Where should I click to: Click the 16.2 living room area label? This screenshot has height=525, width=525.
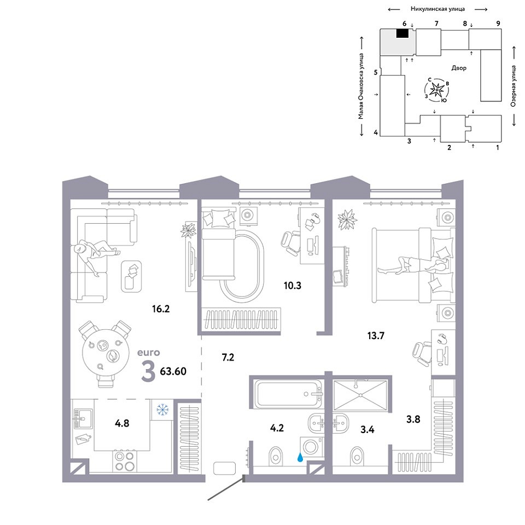pyautogui.click(x=161, y=308)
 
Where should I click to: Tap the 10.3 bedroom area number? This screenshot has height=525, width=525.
pyautogui.click(x=292, y=285)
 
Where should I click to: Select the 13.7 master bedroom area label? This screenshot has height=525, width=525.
pyautogui.click(x=376, y=335)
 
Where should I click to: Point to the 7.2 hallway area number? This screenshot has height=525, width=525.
pyautogui.click(x=228, y=358)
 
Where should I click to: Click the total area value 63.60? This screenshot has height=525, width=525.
pyautogui.click(x=173, y=371)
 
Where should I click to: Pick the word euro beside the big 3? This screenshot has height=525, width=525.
pyautogui.click(x=149, y=353)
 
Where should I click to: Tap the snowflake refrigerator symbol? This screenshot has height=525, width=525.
pyautogui.click(x=163, y=409)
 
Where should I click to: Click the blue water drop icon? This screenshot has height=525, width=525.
pyautogui.click(x=300, y=457)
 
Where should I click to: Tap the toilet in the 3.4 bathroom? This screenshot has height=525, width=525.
pyautogui.click(x=357, y=456)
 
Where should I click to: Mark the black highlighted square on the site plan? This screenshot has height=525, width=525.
pyautogui.click(x=402, y=33)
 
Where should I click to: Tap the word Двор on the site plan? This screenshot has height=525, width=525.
pyautogui.click(x=459, y=68)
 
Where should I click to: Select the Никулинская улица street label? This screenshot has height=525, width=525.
pyautogui.click(x=437, y=9)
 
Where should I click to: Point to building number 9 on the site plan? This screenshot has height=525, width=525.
pyautogui.click(x=498, y=24)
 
